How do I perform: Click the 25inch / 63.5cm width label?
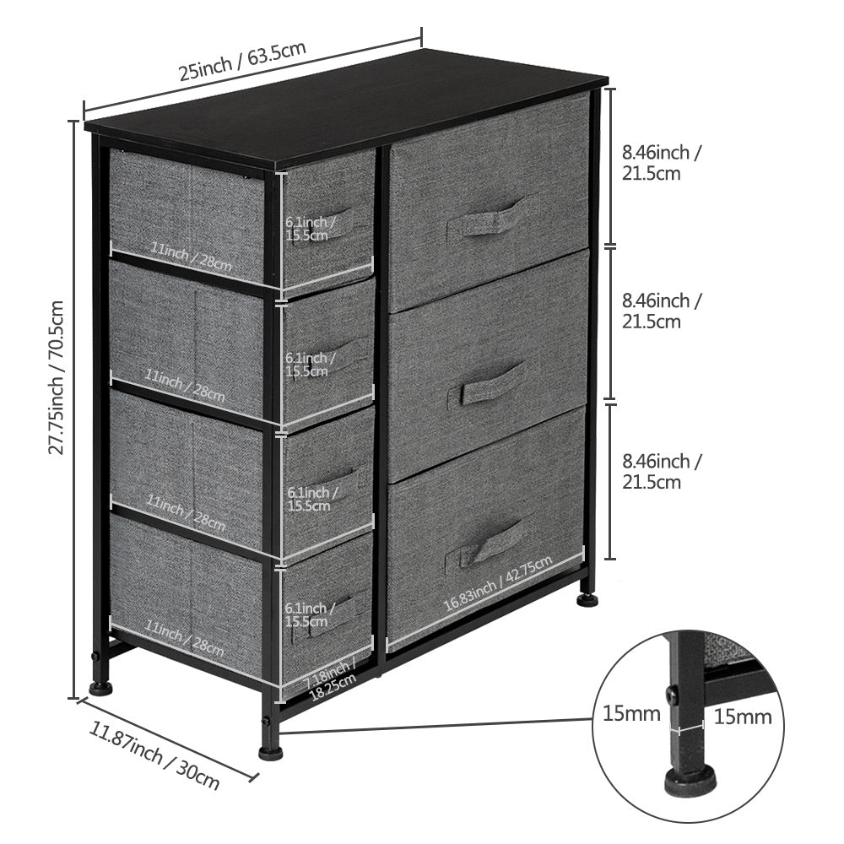(x=242, y=61)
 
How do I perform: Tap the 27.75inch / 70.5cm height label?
(x=57, y=377)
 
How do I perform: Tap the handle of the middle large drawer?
(x=493, y=384)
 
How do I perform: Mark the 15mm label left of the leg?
(x=631, y=714)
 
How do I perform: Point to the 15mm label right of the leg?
(x=744, y=717)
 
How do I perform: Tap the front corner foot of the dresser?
(x=270, y=750)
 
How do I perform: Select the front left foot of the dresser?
(x=100, y=686)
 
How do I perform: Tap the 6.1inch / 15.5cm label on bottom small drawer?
(x=306, y=614)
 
